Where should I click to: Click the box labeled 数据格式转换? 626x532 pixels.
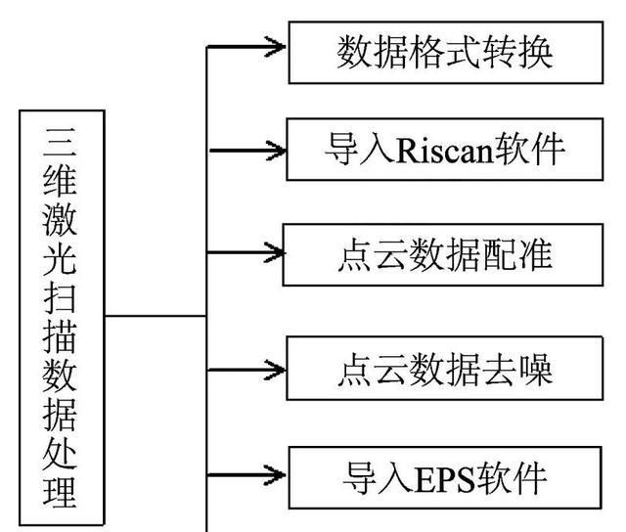(445, 52)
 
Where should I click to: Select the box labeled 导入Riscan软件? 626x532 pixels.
(445, 151)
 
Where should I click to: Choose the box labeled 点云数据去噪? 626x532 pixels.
(445, 369)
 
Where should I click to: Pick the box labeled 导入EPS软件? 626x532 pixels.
(445, 478)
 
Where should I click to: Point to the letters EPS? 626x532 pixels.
(442, 479)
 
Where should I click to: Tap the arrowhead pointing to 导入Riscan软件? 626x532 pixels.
(275, 151)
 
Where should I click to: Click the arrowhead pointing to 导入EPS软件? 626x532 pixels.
(275, 476)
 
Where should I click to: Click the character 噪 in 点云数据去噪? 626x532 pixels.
(537, 369)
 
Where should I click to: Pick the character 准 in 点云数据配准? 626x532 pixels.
(537, 254)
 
